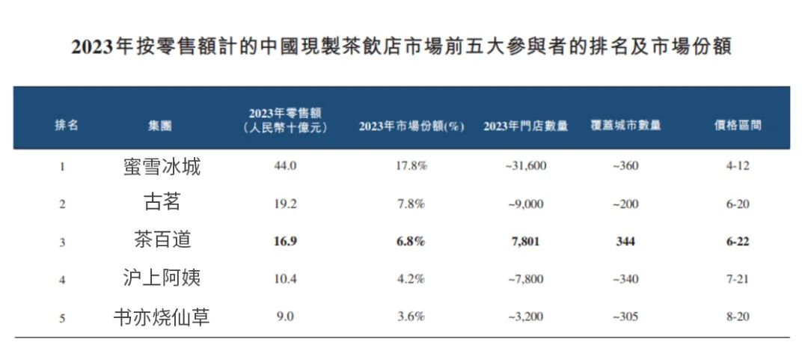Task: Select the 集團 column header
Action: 159,126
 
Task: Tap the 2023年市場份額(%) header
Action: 411,126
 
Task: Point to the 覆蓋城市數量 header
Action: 625,126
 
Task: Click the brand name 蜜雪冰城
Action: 162,166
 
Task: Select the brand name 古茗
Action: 162,203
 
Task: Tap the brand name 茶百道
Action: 162,240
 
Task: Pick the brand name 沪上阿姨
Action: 162,278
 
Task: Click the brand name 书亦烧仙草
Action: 162,317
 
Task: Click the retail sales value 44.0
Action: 286,166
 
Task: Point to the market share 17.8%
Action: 411,166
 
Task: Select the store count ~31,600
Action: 525,166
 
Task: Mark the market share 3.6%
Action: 411,317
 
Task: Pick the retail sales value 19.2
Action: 286,204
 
